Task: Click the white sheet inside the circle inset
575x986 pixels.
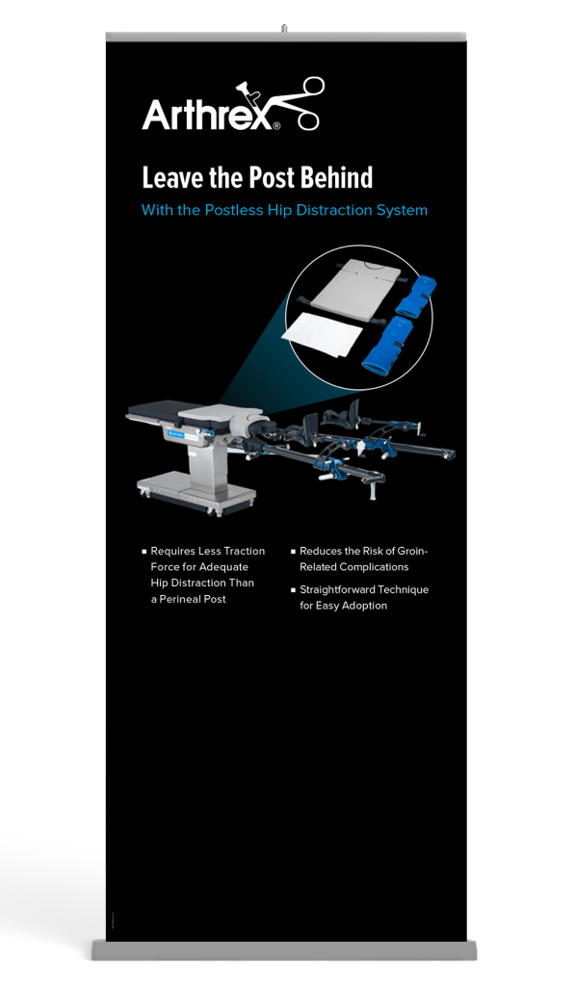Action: point(323,335)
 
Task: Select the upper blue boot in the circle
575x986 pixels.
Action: point(415,294)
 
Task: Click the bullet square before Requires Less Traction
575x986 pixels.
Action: point(144,552)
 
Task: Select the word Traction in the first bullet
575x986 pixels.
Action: point(245,551)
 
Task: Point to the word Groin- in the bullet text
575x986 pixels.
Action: point(412,551)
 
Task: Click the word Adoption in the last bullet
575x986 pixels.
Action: point(365,606)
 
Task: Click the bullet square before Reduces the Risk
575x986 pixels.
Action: point(293,552)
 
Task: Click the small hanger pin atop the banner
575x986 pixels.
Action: point(284,28)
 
